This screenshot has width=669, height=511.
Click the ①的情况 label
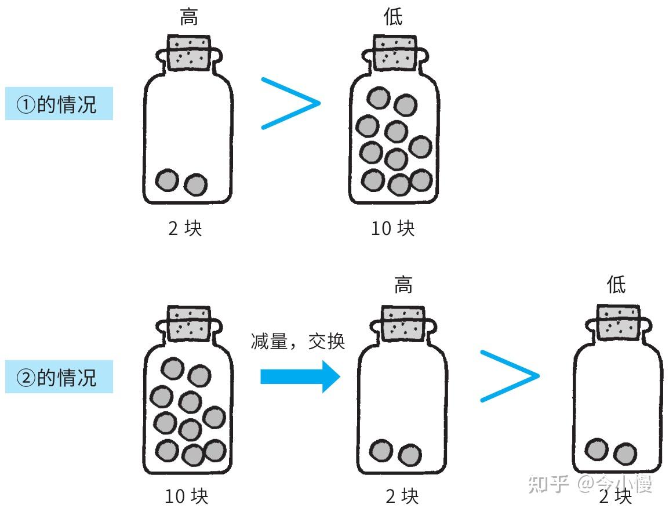59,104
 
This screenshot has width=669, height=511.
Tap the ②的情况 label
59,378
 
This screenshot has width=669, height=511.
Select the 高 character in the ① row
188,17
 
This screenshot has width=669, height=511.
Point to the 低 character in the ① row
393,17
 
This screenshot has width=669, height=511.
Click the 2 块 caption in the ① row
185,229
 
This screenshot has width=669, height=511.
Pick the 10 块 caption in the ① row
393,229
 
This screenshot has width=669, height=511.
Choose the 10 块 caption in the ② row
186,496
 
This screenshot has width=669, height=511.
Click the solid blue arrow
299,377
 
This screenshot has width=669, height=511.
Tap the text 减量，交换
298,341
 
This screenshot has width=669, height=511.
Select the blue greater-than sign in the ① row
290,103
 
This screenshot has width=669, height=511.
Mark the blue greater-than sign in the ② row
510,376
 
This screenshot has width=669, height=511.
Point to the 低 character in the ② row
616,285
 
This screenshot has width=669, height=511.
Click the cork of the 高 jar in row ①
189,53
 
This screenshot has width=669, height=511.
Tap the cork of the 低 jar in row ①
394,53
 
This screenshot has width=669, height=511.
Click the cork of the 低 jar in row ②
618,322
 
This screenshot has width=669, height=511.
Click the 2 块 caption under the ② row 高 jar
402,496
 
